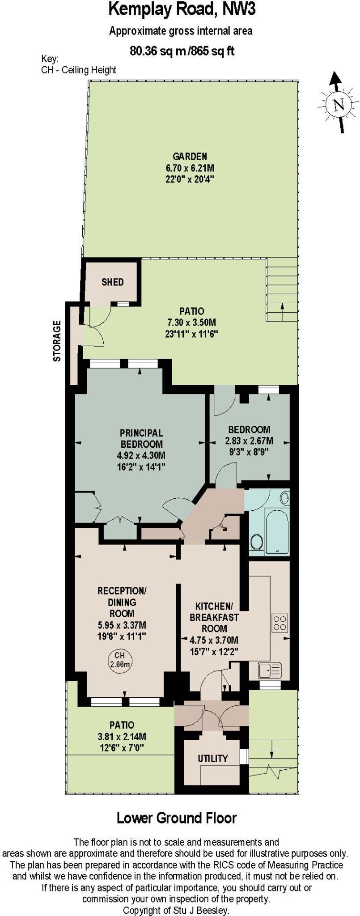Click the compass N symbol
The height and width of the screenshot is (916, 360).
point(339,105)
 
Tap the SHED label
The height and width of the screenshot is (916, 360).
point(112,282)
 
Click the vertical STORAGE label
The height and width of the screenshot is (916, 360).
point(57,341)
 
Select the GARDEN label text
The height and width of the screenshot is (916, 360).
point(190,157)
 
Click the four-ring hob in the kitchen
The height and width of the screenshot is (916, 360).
point(280,623)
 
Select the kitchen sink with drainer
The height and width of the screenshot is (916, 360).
point(270,670)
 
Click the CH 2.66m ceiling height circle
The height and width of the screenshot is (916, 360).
point(119,660)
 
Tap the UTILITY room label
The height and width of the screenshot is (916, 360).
point(213,759)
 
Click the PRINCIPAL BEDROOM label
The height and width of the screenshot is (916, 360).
point(141,439)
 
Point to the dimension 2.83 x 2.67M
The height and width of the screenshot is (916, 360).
point(249,441)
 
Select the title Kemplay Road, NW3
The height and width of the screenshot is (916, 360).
point(182,10)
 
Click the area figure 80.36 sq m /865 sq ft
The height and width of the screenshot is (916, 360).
point(182,51)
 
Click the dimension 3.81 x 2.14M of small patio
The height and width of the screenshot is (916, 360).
point(122,737)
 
